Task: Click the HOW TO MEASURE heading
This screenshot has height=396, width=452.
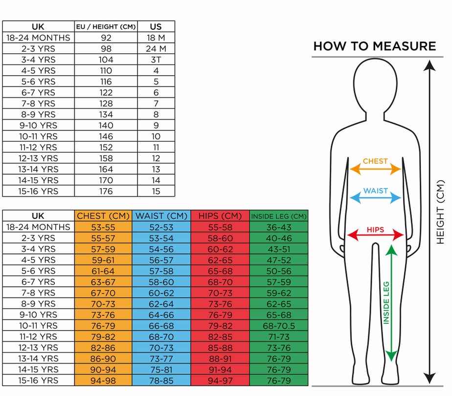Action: click(374, 46)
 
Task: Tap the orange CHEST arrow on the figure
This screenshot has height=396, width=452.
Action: click(375, 169)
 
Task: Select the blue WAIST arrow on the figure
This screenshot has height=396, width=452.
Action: click(375, 198)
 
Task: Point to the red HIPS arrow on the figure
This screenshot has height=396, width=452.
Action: click(375, 235)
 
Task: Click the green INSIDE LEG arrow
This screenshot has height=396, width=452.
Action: click(390, 303)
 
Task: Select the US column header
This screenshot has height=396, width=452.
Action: click(156, 27)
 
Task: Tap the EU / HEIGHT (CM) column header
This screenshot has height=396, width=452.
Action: click(106, 27)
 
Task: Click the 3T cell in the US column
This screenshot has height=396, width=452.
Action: click(156, 60)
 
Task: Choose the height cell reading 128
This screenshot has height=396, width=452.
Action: click(106, 104)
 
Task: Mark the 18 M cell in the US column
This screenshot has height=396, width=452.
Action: click(156, 38)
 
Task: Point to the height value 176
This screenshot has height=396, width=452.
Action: click(106, 191)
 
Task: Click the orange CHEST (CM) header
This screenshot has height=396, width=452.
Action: click(103, 216)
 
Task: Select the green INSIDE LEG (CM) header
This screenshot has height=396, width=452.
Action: click(279, 216)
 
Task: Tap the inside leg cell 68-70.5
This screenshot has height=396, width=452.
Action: click(279, 325)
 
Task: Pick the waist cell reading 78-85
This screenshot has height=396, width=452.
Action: click(161, 380)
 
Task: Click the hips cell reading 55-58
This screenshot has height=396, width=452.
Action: click(220, 227)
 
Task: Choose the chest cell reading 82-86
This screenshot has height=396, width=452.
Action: click(103, 347)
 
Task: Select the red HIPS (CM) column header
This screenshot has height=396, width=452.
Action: click(220, 216)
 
